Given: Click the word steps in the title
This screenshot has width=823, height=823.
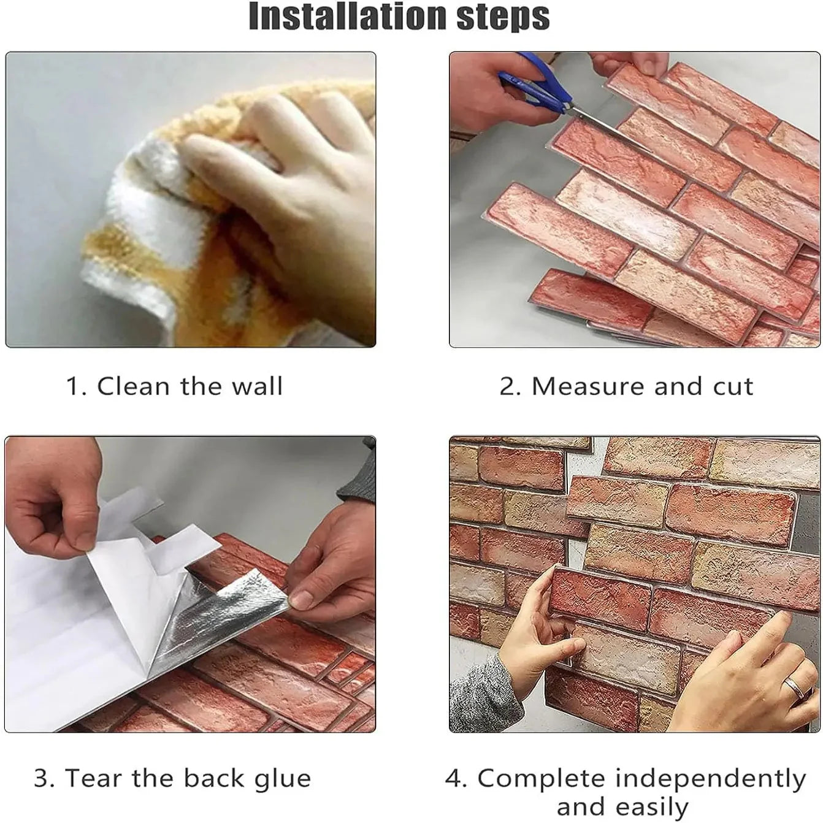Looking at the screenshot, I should coord(503,17).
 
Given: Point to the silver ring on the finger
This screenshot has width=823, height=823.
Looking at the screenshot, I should coord(794,686).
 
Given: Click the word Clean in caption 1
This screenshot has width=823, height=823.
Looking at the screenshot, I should coord(133,386).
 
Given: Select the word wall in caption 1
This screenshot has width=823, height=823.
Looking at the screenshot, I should coord(256,386).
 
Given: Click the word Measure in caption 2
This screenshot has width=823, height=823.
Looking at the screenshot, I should coord(588,386).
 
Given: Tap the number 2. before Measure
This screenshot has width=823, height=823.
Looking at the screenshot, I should coord(510,386).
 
